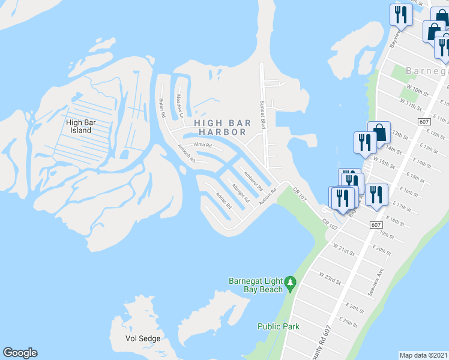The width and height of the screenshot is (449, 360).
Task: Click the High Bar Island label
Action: pyautogui.click(x=79, y=126)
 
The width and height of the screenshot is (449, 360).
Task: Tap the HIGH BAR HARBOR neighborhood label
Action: pyautogui.click(x=220, y=127)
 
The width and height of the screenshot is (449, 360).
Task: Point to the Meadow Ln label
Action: pyautogui.click(x=179, y=105)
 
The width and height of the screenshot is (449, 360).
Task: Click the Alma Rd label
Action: pyautogui.click(x=203, y=145)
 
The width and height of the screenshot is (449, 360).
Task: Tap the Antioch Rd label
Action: pyautogui.click(x=186, y=154)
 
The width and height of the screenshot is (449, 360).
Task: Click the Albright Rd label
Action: pyautogui.click(x=240, y=194)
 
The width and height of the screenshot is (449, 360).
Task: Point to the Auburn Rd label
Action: pyautogui.click(x=267, y=198)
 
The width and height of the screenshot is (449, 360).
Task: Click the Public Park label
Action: pyautogui.click(x=279, y=326)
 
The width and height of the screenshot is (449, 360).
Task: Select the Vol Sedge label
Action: pyautogui.click(x=143, y=338)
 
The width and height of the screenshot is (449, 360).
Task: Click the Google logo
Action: pyautogui.click(x=20, y=353)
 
